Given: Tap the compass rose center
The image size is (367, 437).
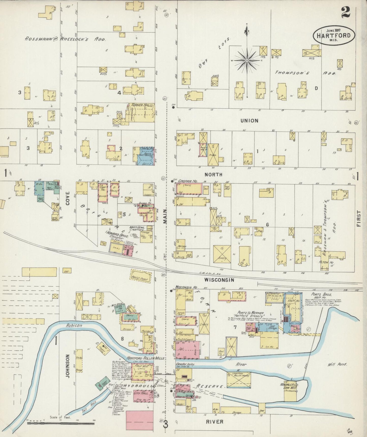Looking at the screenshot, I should coord(247,61).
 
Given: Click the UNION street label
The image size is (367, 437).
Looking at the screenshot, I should coord(249,121).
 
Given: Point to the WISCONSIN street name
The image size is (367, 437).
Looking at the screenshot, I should coord(219,280).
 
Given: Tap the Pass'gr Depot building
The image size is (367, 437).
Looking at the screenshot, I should coord(141,276).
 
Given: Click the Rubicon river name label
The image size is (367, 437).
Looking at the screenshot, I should coord(75,325).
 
